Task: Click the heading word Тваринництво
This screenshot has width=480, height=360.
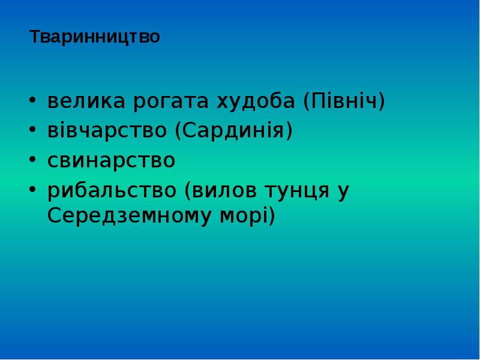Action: [x=95, y=37]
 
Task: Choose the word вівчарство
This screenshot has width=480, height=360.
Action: [x=109, y=131]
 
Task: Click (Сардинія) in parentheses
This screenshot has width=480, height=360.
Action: [x=234, y=131]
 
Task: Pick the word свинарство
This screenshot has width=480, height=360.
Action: [x=112, y=161]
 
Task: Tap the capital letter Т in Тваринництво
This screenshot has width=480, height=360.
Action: [x=35, y=37]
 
